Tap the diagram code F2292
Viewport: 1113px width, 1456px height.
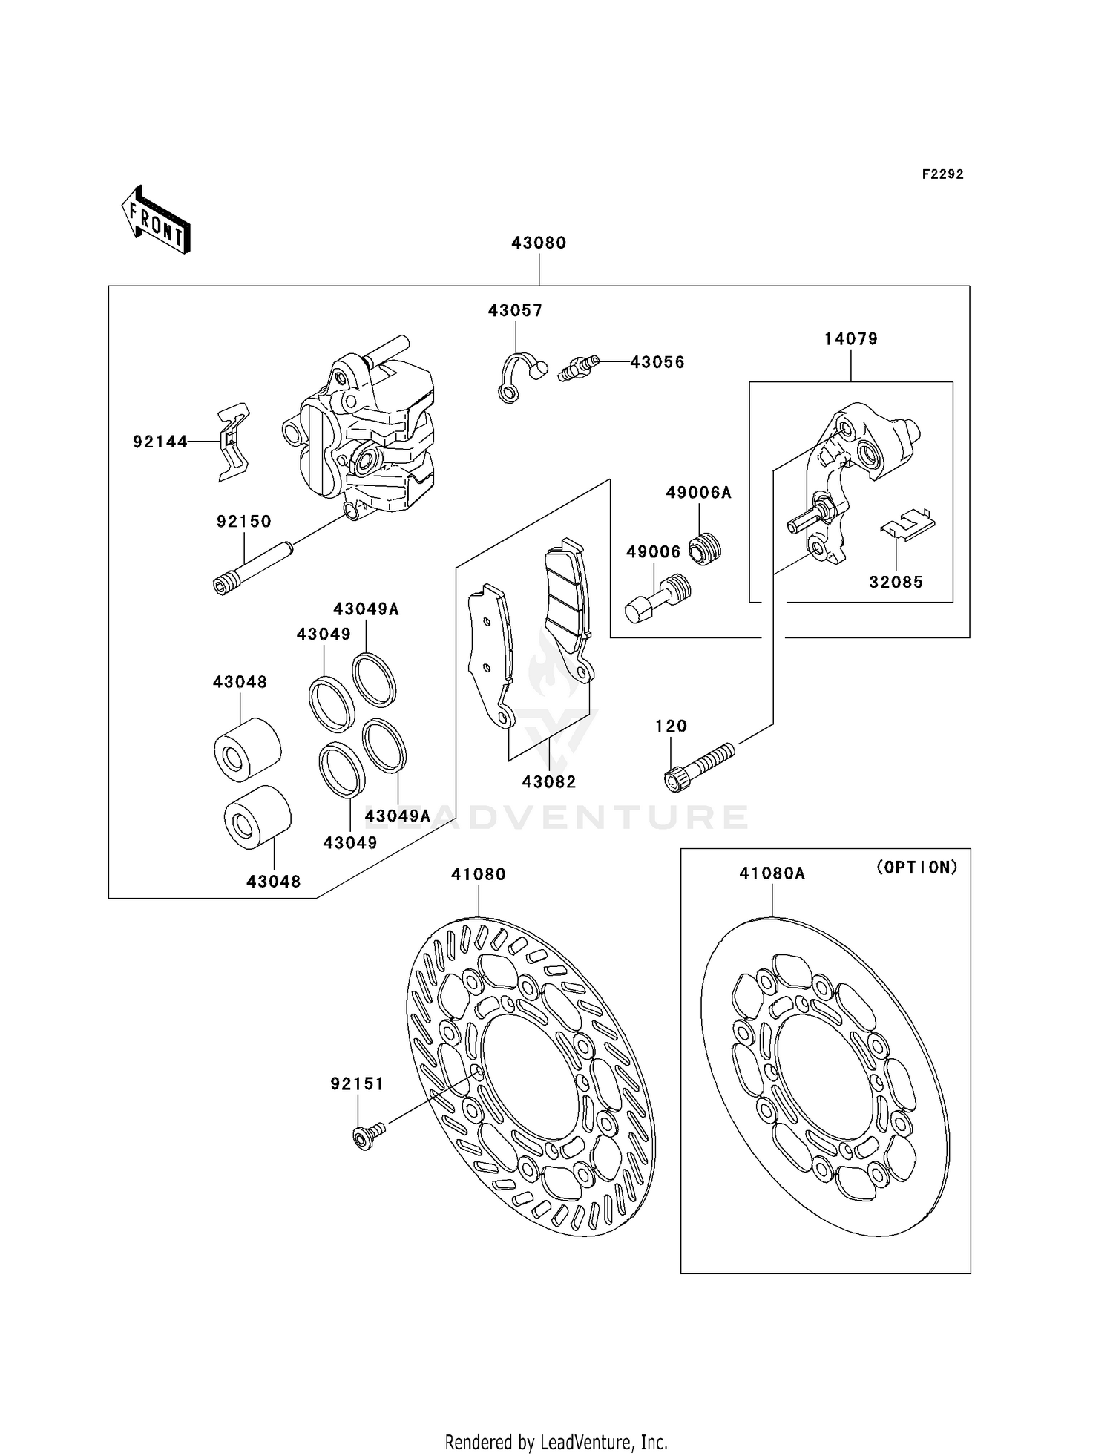942,174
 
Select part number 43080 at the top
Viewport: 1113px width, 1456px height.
539,243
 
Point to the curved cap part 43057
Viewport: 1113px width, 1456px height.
519,375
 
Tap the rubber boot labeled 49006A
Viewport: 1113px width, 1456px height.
706,549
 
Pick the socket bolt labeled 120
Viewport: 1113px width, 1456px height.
697,767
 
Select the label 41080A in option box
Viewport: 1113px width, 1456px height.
772,874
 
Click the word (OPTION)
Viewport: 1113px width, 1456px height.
917,868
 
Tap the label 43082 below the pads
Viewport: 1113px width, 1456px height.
549,781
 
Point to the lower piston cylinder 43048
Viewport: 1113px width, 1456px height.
257,816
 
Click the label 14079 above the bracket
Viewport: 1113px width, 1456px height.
850,339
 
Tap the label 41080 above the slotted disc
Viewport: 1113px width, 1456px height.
479,875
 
